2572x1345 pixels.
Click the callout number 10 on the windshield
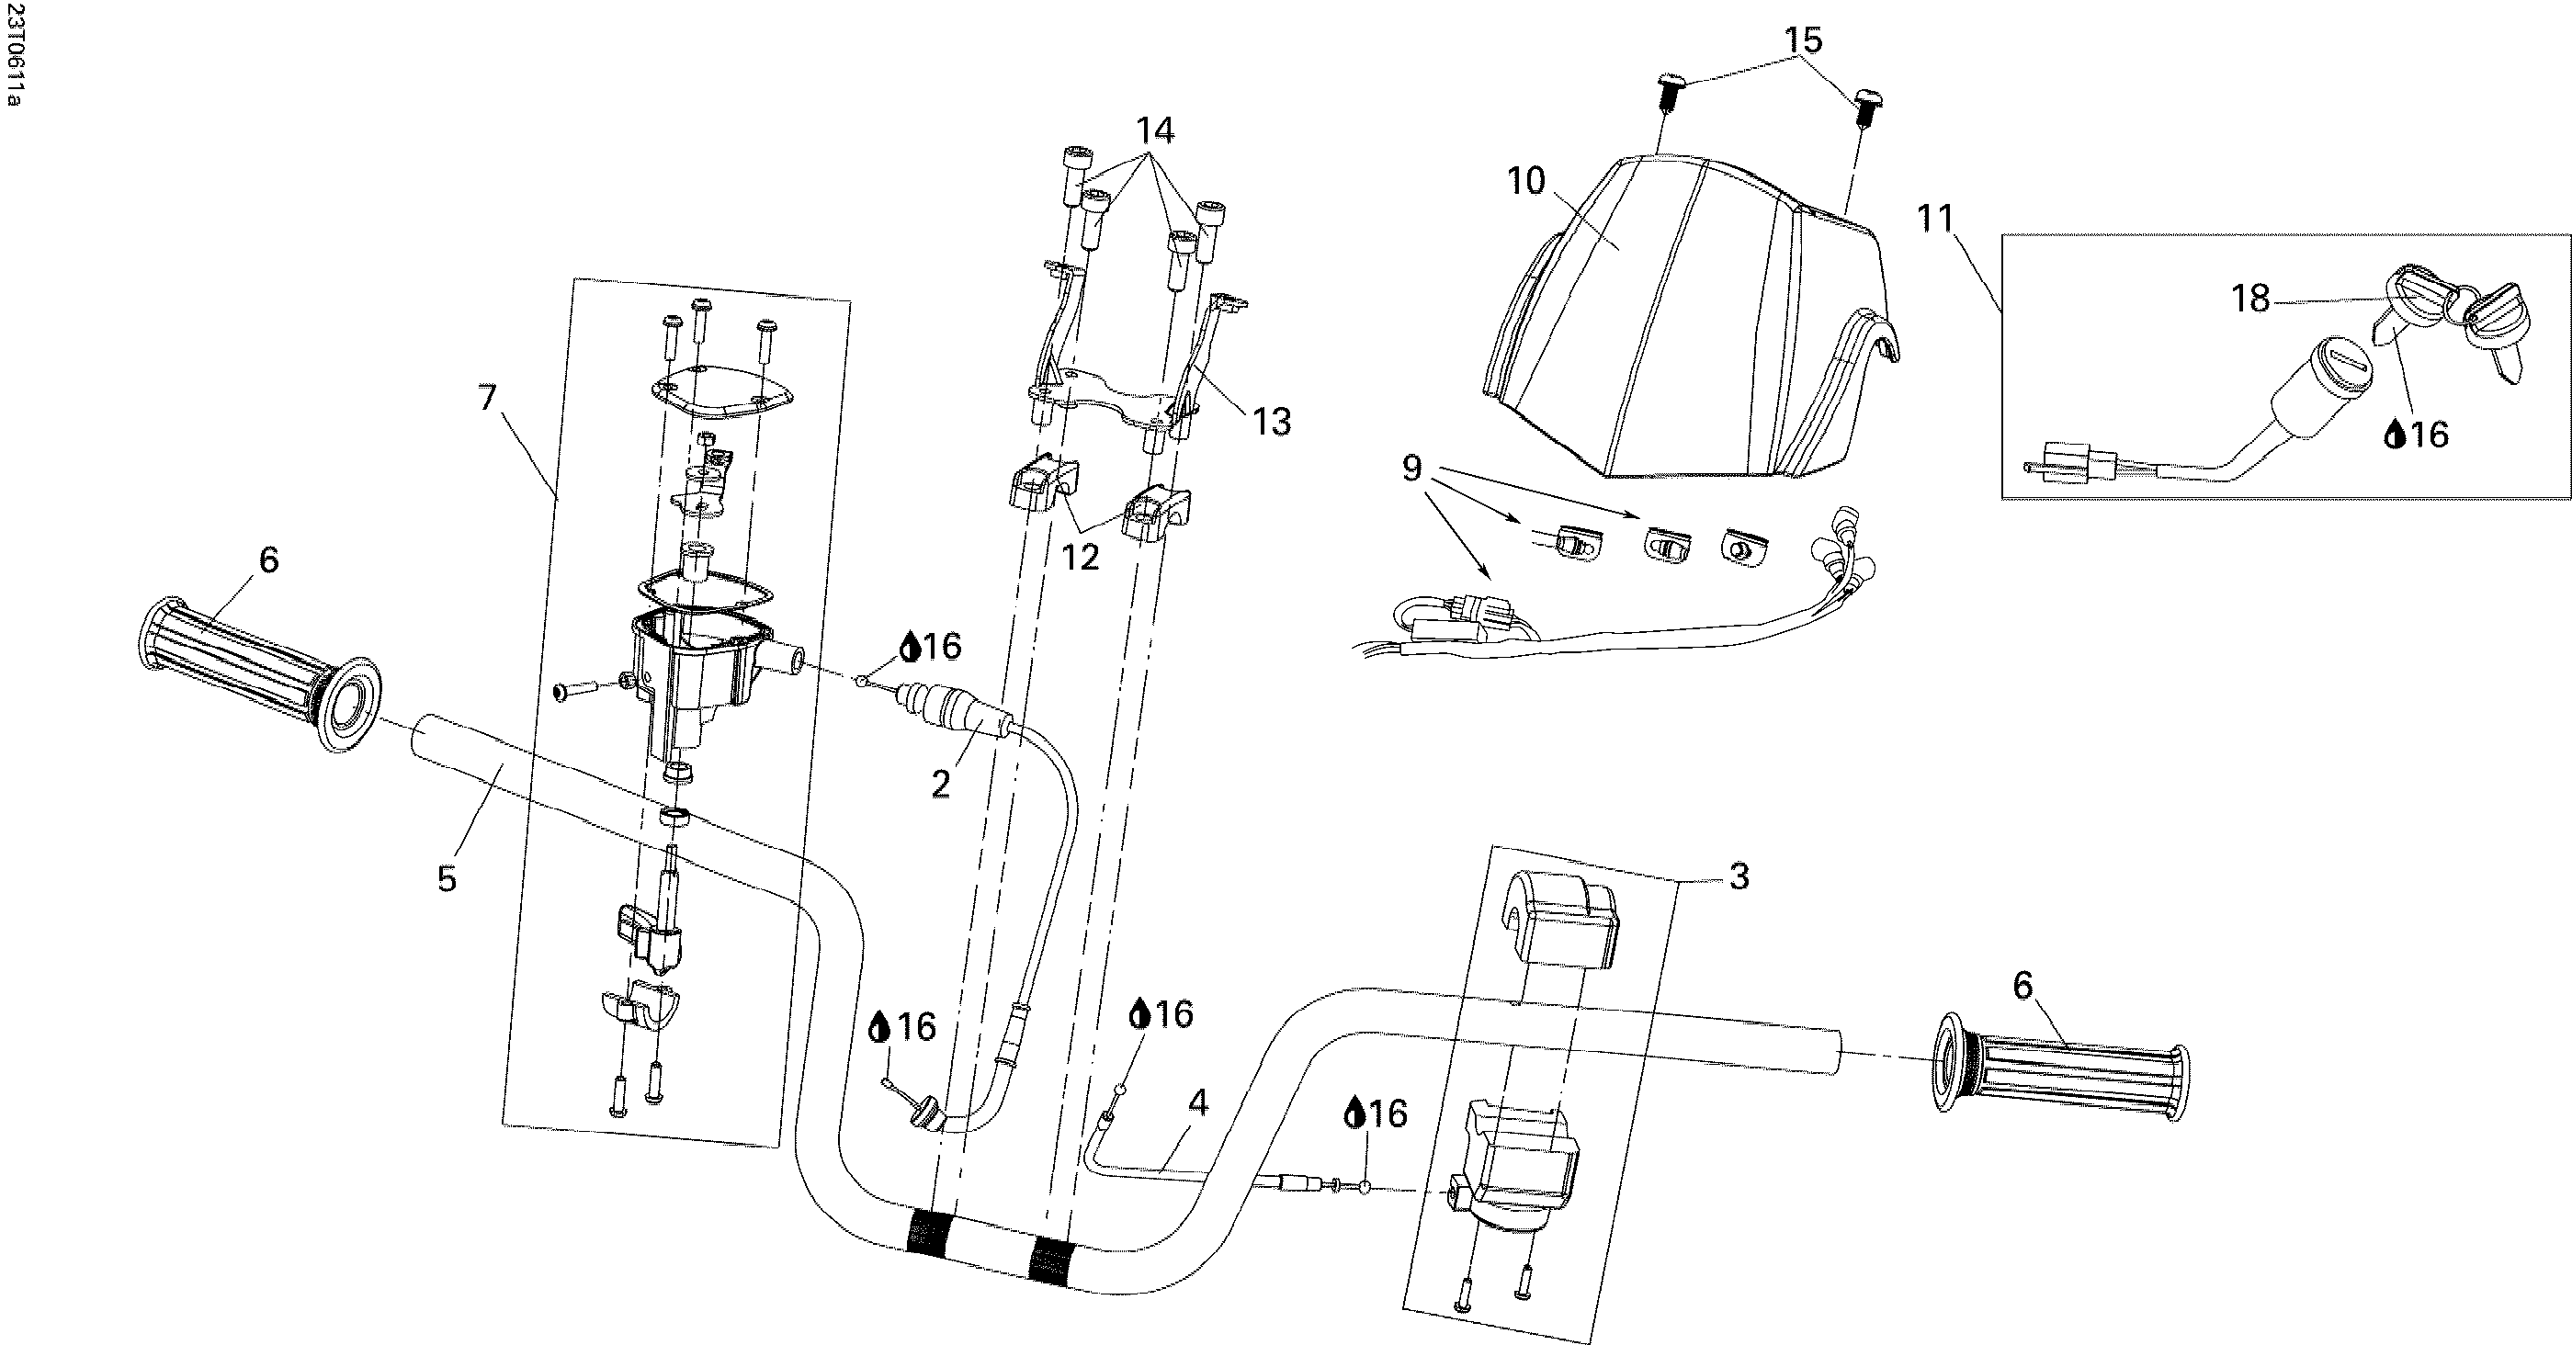click(x=1525, y=182)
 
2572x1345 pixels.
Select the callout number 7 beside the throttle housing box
click(x=486, y=398)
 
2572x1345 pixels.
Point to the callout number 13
click(x=1272, y=422)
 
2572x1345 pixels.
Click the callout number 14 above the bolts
click(x=1154, y=130)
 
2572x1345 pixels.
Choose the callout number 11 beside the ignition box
click(x=1935, y=218)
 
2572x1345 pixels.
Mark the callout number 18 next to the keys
click(x=2250, y=299)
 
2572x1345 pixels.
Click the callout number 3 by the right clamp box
click(x=1739, y=876)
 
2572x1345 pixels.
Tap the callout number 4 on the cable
click(x=1198, y=1102)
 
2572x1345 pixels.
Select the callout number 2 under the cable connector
click(x=941, y=784)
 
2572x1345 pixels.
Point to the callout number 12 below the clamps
click(x=1081, y=557)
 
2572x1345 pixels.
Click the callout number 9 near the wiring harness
click(x=1411, y=467)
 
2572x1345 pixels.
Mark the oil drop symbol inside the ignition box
click(x=2394, y=435)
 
